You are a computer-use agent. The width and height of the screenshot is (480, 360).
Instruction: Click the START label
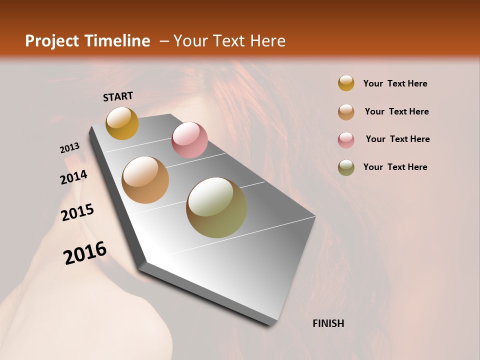[x=118, y=96]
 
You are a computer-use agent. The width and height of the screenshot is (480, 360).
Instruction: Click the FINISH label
[x=328, y=323]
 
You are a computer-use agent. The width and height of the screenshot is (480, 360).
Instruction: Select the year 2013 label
[x=69, y=148]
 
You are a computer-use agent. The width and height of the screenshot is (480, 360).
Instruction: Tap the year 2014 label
[x=74, y=177]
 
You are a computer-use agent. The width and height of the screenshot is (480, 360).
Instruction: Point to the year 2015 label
[x=77, y=212]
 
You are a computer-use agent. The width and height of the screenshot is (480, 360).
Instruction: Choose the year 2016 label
[x=85, y=253]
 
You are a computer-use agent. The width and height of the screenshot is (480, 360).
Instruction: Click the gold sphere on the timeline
[x=122, y=123]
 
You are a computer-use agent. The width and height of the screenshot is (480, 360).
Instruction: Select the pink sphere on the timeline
[x=189, y=140]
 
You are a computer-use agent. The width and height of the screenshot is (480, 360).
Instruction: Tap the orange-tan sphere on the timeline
[x=145, y=180]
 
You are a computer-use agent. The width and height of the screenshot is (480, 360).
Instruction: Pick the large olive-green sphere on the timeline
[x=216, y=207]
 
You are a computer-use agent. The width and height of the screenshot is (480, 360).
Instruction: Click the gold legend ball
[x=346, y=83]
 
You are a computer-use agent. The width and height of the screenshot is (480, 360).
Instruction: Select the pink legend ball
[x=346, y=139]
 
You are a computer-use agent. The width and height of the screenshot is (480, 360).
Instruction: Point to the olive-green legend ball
[x=346, y=167]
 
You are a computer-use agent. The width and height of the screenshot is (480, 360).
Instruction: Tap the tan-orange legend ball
[x=346, y=111]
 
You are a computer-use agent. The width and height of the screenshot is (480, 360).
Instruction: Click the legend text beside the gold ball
[x=395, y=83]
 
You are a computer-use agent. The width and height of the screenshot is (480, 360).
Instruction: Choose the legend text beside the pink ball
[x=397, y=139]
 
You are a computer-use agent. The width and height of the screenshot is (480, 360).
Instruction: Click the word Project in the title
[x=52, y=41]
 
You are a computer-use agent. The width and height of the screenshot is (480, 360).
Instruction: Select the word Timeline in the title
[x=117, y=41]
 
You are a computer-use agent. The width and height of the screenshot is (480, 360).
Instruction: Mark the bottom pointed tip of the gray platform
[x=270, y=324]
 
